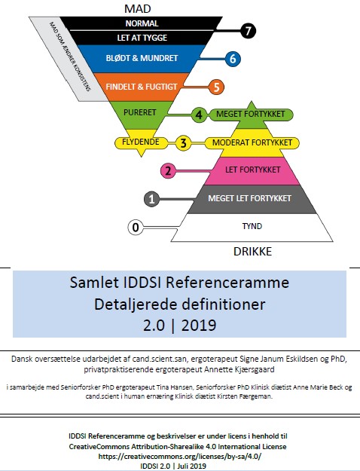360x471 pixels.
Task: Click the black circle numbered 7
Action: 248,31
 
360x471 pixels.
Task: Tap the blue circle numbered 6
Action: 233,59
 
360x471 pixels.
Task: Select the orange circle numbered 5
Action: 216,87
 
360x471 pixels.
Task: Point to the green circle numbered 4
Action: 199,115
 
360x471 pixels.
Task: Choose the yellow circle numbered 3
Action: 183,142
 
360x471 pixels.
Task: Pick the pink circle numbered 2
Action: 168,170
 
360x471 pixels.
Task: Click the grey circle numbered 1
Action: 151,199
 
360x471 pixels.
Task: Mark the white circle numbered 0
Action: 136,227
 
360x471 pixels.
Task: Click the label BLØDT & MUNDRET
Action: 142,58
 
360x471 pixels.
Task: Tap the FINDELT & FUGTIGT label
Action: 142,87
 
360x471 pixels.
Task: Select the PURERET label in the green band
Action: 140,112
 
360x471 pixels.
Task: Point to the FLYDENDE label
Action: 141,142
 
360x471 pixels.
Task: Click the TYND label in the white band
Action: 252,226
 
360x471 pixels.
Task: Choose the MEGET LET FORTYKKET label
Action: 249,198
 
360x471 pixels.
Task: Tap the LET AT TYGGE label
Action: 142,38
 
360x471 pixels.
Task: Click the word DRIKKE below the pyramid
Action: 252,252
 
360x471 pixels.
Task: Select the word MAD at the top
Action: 138,9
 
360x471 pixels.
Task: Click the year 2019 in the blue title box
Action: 199,326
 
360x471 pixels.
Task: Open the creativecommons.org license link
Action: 180,456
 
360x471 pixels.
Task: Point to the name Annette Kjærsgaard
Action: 239,369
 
